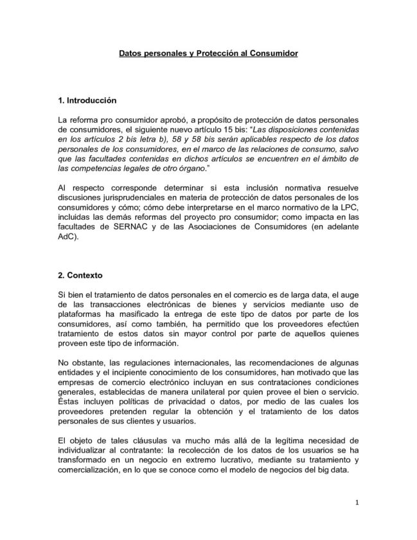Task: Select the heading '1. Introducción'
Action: click(x=87, y=101)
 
